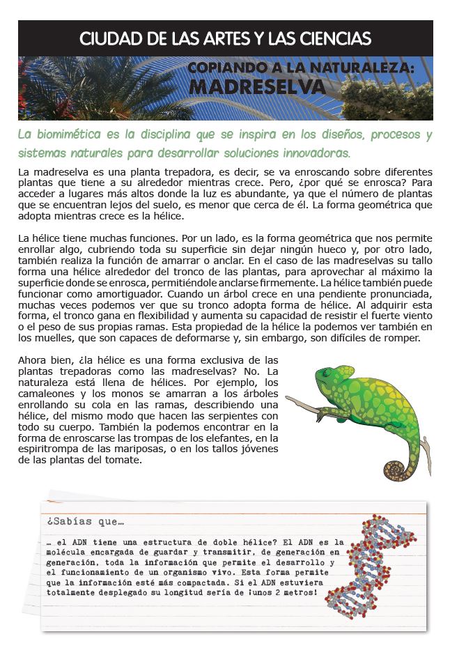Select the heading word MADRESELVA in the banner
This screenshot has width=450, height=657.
[258, 86]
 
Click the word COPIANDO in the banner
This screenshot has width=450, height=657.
[231, 68]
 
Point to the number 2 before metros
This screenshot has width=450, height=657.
[288, 593]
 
